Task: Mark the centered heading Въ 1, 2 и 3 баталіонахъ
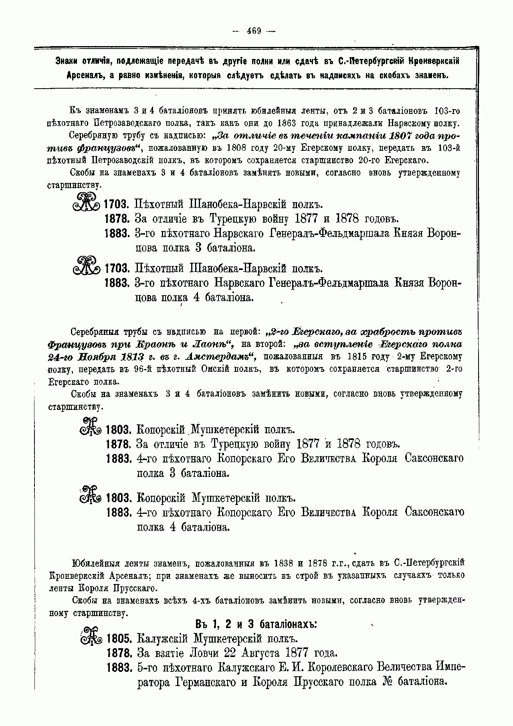click(x=256, y=625)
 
